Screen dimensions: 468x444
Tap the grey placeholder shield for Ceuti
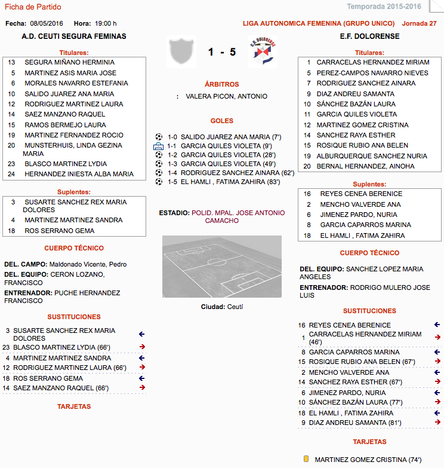pyautogui.click(x=181, y=51)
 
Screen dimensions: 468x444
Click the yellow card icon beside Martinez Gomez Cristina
pyautogui.click(x=306, y=459)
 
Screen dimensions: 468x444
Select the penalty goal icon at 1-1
pyautogui.click(x=158, y=146)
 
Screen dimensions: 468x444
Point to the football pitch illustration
pyautogui.click(x=221, y=267)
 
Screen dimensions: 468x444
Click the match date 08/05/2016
pyautogui.click(x=47, y=23)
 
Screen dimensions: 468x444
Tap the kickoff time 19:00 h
pyautogui.click(x=106, y=23)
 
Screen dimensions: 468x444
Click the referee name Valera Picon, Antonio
pyautogui.click(x=226, y=96)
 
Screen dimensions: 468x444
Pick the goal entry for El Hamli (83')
pyautogui.click(x=230, y=182)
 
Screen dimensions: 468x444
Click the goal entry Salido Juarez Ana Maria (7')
pyautogui.click(x=231, y=137)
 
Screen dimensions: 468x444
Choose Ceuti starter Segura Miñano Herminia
pyautogui.click(x=69, y=62)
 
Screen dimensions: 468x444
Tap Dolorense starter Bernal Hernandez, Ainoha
pyautogui.click(x=365, y=166)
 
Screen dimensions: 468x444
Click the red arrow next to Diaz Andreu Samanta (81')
pyautogui.click(x=437, y=423)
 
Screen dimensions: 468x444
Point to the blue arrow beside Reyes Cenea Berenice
pyautogui.click(x=437, y=325)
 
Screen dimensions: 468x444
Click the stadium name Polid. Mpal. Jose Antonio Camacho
pyautogui.click(x=238, y=216)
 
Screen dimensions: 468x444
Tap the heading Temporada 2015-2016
pyautogui.click(x=392, y=7)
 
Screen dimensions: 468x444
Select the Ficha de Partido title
pyautogui.click(x=33, y=7)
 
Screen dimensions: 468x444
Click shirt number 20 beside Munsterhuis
pyautogui.click(x=11, y=145)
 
